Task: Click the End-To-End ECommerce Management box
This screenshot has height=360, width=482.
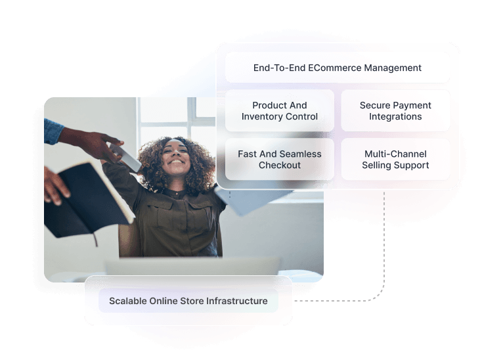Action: pyautogui.click(x=338, y=68)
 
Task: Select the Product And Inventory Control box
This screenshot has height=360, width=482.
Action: pyautogui.click(x=279, y=111)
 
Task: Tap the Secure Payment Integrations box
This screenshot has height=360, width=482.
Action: pyautogui.click(x=395, y=111)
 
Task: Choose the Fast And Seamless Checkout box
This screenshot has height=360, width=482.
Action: pyautogui.click(x=279, y=160)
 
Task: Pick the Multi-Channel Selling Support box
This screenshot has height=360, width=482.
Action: pyautogui.click(x=395, y=160)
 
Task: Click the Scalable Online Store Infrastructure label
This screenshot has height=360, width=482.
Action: pyautogui.click(x=188, y=301)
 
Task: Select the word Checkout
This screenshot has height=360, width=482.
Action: pyautogui.click(x=280, y=166)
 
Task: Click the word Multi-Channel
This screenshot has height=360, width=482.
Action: pyautogui.click(x=395, y=154)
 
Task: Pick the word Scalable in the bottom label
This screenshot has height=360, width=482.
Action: pyautogui.click(x=128, y=301)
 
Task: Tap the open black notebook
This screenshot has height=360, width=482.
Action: pyautogui.click(x=85, y=197)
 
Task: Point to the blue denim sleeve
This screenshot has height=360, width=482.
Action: pyautogui.click(x=53, y=131)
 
